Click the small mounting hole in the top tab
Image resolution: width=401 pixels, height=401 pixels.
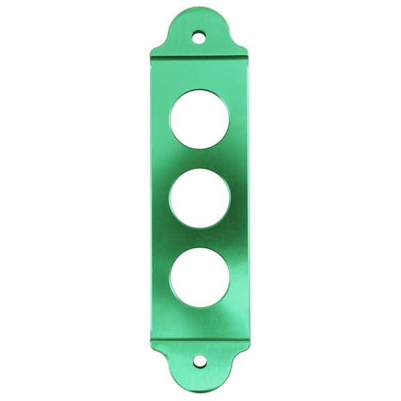tap(200, 33)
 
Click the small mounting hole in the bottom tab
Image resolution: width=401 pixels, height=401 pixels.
tap(200, 361)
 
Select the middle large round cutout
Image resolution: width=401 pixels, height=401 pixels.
tap(200, 198)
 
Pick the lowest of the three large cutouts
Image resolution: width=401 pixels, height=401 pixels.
tap(200, 278)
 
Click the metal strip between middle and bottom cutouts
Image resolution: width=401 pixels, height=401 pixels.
tap(200, 238)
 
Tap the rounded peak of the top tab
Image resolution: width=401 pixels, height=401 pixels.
tap(200, 10)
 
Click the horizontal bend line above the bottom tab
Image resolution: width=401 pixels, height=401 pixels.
tap(200, 340)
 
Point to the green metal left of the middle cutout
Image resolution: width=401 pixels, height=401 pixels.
tap(159, 198)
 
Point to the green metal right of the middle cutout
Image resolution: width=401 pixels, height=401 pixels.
tap(241, 198)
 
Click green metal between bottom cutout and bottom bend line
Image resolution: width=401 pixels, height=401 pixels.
tap(200, 324)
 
